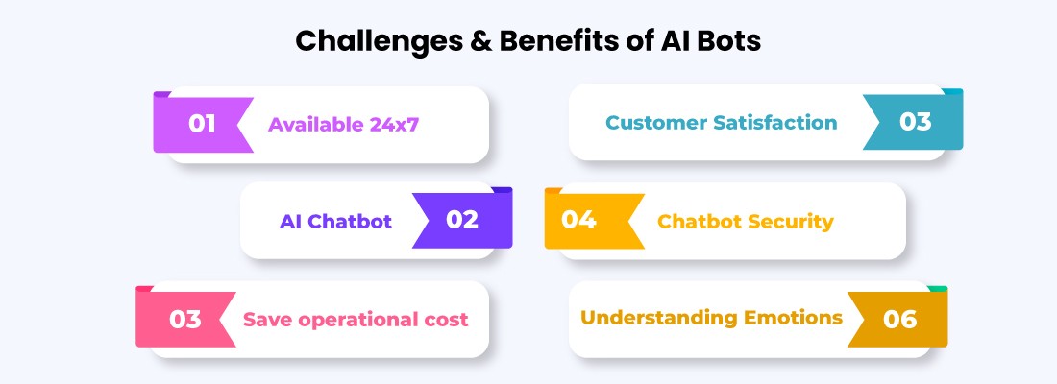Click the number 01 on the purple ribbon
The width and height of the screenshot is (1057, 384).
point(202,124)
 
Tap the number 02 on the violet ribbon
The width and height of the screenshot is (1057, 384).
point(462,220)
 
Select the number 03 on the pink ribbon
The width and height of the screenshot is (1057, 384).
point(184,319)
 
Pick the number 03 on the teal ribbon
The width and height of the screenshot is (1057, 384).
point(915,122)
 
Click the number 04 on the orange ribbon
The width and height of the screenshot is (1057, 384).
point(579,220)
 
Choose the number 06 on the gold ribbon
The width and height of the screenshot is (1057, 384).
point(899,319)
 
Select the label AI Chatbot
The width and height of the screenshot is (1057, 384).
point(335,222)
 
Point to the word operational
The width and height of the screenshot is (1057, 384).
point(363,320)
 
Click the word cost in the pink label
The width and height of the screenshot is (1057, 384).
point(448,319)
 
